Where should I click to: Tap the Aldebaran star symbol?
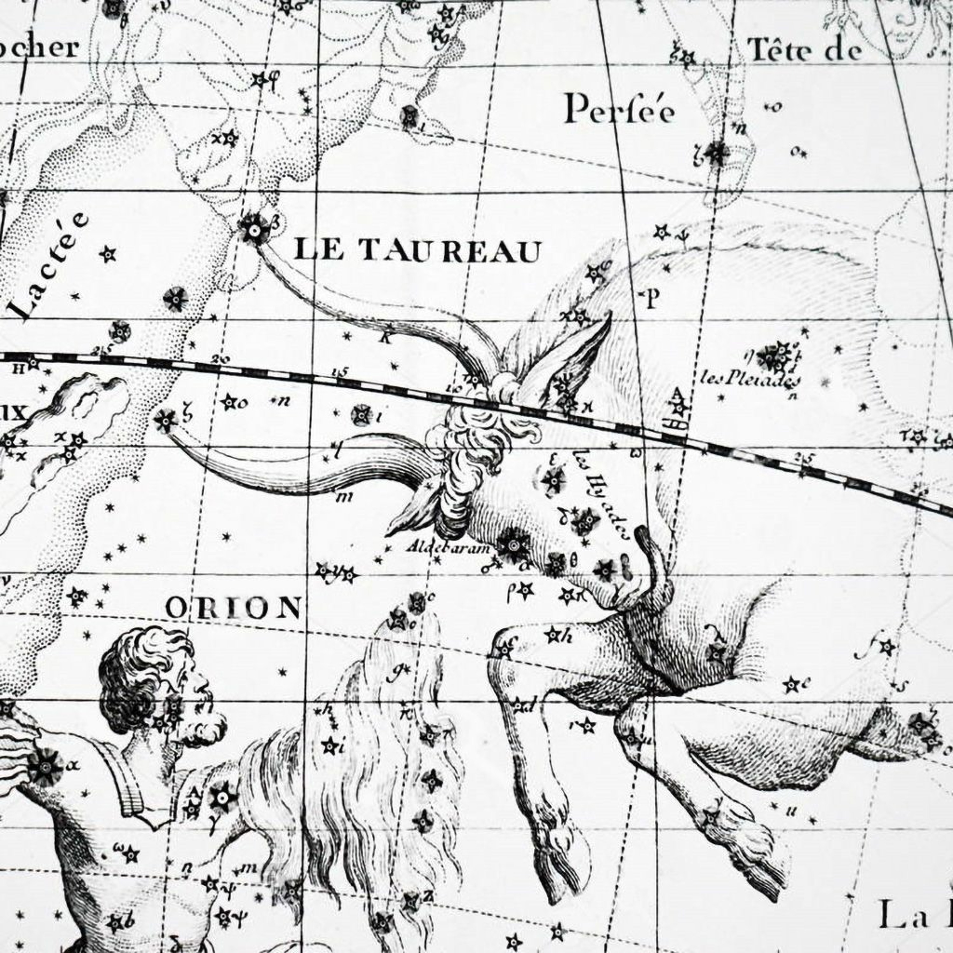[513, 544]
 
